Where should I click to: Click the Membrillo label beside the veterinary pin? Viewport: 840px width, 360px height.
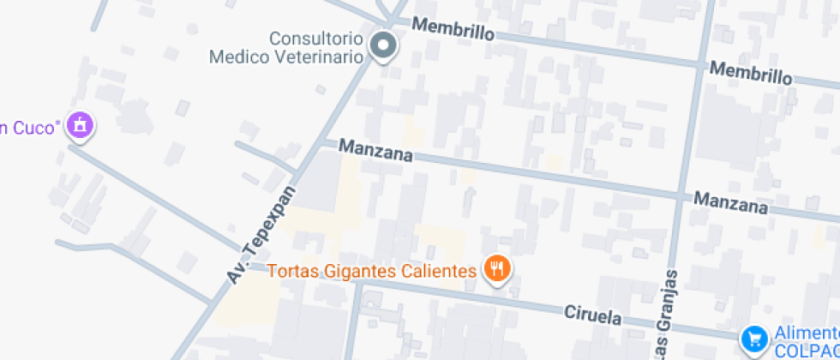(453, 31)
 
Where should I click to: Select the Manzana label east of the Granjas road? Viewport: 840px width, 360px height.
(730, 202)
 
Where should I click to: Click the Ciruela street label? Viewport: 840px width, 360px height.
(592, 315)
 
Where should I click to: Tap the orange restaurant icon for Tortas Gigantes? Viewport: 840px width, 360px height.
(497, 271)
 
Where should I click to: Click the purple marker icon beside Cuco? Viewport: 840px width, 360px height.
(81, 125)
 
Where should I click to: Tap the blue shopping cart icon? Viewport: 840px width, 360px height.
(754, 339)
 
